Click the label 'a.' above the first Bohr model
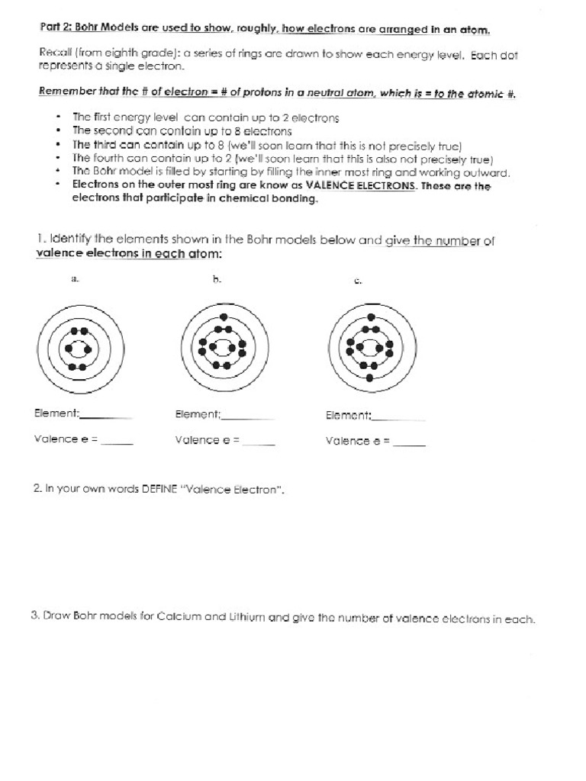point(75,280)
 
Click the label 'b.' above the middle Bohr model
point(217,280)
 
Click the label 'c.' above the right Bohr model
point(358,281)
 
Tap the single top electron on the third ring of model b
point(222,317)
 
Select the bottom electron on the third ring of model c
point(370,378)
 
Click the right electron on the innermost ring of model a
point(88,349)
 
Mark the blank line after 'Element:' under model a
point(106,417)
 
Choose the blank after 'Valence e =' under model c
point(411,445)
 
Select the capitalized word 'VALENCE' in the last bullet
point(330,186)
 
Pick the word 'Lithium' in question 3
point(250,619)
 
